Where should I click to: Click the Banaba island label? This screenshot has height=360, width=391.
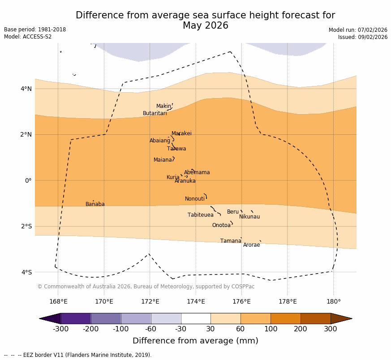(x=95, y=204)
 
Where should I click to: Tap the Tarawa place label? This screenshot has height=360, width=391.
(x=176, y=149)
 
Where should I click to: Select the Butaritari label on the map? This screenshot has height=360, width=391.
(x=155, y=113)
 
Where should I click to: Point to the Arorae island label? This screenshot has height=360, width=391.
(x=251, y=245)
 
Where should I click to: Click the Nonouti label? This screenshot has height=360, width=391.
(x=195, y=199)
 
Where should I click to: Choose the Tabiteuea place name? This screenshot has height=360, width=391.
(x=200, y=215)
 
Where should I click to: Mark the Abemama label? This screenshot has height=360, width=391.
(x=197, y=172)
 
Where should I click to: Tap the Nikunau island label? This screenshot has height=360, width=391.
(x=249, y=217)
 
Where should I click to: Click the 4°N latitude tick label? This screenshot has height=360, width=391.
(x=26, y=89)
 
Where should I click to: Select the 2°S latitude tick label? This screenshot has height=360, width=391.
(x=26, y=226)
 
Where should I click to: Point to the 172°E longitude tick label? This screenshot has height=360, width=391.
(x=150, y=301)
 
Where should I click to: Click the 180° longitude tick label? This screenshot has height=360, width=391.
(x=333, y=301)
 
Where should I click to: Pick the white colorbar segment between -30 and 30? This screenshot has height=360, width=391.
(x=196, y=318)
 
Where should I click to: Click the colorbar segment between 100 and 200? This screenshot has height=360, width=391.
(x=285, y=318)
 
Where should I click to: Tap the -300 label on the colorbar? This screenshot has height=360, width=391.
(x=60, y=329)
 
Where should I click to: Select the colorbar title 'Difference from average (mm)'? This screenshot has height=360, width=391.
(x=195, y=341)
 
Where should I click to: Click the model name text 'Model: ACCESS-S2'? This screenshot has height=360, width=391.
(x=28, y=37)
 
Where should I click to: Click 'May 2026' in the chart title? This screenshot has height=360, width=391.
(x=205, y=26)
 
